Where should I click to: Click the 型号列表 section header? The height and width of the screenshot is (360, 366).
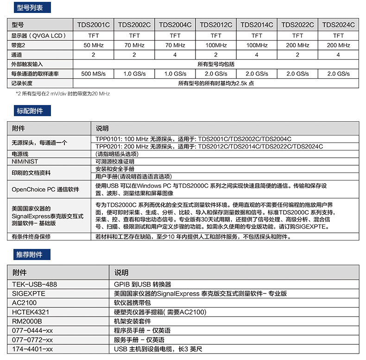(x=30, y=8)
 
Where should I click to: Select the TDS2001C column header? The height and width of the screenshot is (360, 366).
(x=94, y=25)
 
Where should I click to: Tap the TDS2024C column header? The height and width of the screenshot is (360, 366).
(x=338, y=25)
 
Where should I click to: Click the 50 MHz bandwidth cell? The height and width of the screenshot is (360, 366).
(x=94, y=45)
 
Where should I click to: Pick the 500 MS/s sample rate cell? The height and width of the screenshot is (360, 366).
(x=94, y=74)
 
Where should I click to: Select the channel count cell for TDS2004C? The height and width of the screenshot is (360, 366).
(x=175, y=55)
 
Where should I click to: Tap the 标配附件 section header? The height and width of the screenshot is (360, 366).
(x=30, y=111)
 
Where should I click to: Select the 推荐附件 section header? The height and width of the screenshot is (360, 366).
(x=30, y=254)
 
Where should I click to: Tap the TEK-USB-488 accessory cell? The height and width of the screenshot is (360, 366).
(x=35, y=284)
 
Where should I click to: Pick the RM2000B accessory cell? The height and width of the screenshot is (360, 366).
(x=27, y=321)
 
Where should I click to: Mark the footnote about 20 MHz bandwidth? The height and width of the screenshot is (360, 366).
(x=63, y=93)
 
